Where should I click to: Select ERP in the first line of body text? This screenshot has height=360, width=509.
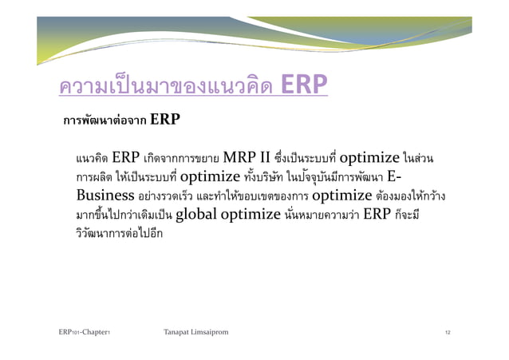(x=128, y=156)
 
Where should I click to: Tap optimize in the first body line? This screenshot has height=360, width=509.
(x=387, y=156)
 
